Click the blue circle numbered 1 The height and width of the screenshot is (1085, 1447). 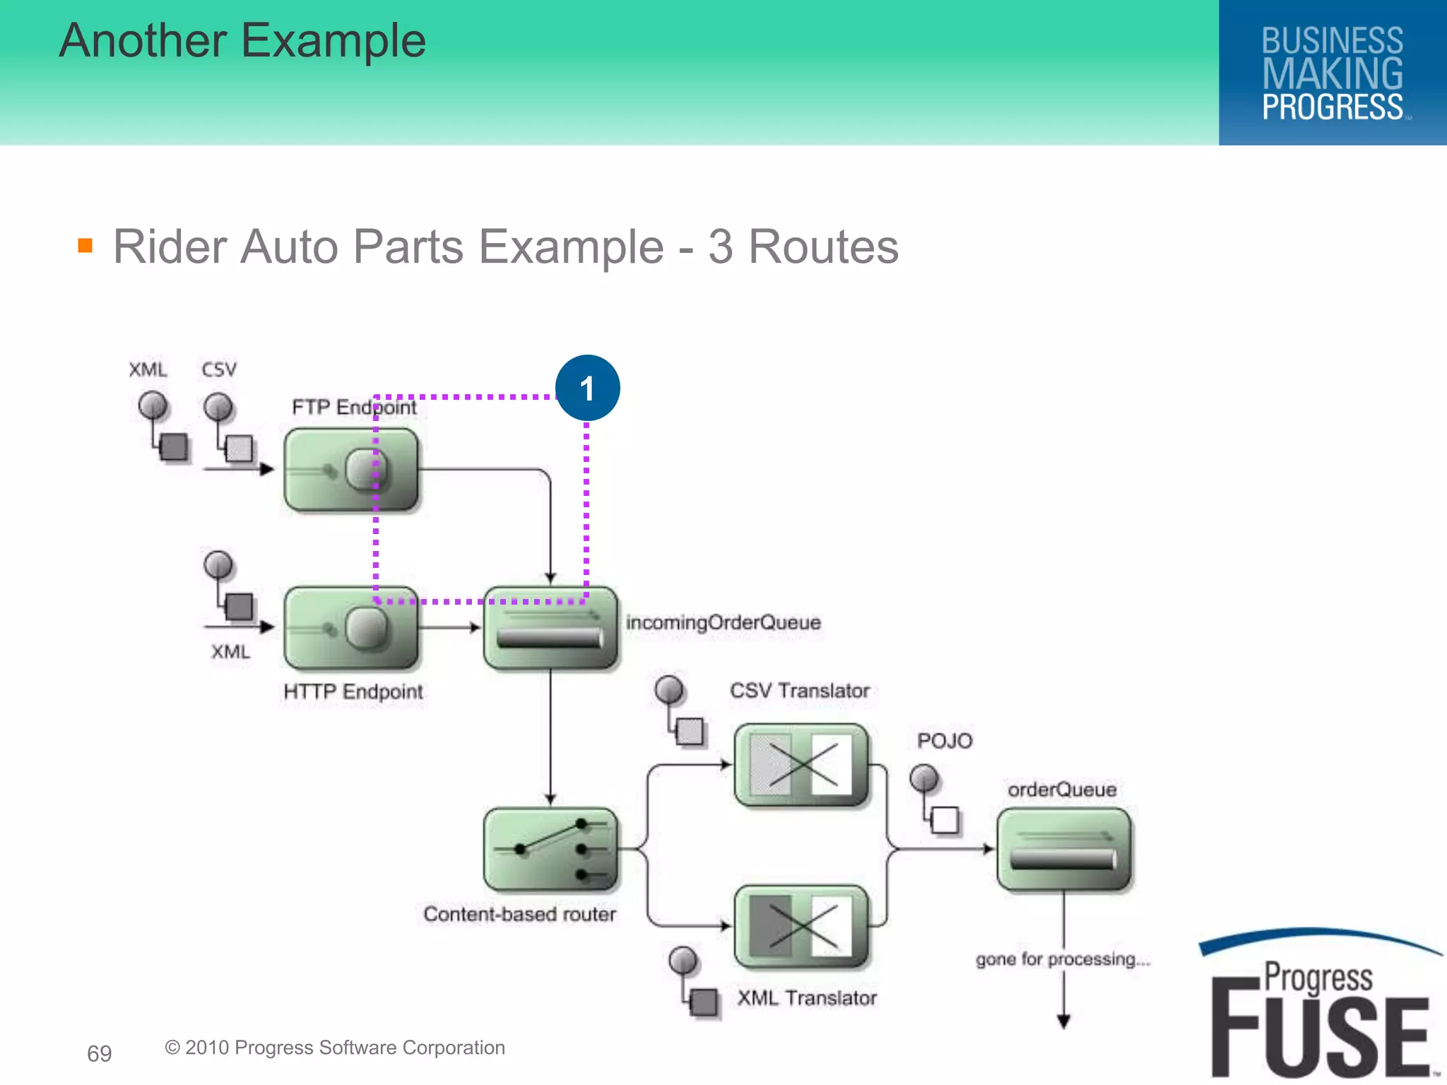pyautogui.click(x=587, y=388)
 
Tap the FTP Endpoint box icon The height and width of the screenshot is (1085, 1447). pyautogui.click(x=351, y=470)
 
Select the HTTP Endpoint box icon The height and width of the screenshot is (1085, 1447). pyautogui.click(x=351, y=627)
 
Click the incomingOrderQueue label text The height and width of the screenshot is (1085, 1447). pyautogui.click(x=723, y=622)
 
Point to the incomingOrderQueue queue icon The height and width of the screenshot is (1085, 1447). pyautogui.click(x=550, y=628)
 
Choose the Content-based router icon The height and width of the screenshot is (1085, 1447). pyautogui.click(x=550, y=850)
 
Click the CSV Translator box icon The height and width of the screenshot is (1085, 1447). pyautogui.click(x=801, y=765)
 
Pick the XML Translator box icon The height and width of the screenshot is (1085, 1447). pyautogui.click(x=801, y=926)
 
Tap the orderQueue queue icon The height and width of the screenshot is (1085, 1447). pyautogui.click(x=1063, y=849)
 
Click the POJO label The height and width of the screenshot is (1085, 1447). pyautogui.click(x=945, y=740)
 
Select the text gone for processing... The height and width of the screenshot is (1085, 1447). pyautogui.click(x=1062, y=959)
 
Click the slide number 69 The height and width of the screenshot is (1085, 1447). pyautogui.click(x=99, y=1053)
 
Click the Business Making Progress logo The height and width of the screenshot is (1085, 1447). pyautogui.click(x=1332, y=73)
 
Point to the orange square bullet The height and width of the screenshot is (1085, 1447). pyautogui.click(x=85, y=245)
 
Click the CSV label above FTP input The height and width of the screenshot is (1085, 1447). pyautogui.click(x=219, y=369)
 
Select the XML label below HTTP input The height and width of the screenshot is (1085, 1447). pyautogui.click(x=230, y=651)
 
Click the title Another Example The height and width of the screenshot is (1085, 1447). pyautogui.click(x=242, y=40)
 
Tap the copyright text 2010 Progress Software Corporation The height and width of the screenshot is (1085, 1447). pyautogui.click(x=335, y=1047)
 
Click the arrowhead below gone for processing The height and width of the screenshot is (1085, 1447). pyautogui.click(x=1063, y=1021)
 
